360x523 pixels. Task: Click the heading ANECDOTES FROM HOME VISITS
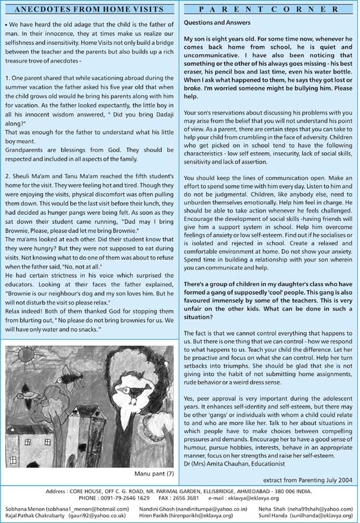click(x=90, y=9)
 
